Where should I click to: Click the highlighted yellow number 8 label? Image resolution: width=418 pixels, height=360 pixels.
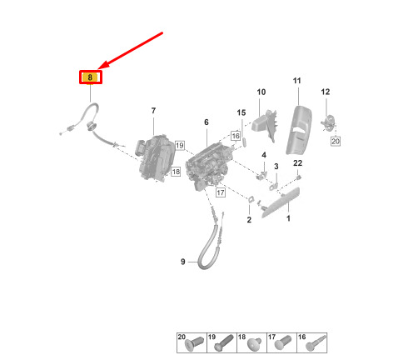[x=91, y=77]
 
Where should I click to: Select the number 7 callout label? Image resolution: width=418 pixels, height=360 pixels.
[x=153, y=111]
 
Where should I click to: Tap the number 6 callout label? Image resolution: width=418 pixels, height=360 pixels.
[x=207, y=122]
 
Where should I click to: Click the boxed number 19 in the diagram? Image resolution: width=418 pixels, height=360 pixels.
[x=180, y=145]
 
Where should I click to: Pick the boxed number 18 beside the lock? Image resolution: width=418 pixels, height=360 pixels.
[x=176, y=172]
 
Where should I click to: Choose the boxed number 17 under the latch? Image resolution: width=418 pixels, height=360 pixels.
[x=221, y=192]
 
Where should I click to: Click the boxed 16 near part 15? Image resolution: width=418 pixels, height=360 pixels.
[x=236, y=136]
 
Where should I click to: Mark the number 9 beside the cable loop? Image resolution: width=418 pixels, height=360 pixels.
[x=183, y=262]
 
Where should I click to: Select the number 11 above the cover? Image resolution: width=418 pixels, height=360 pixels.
[x=297, y=81]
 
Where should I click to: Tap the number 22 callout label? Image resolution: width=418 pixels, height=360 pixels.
[x=297, y=163]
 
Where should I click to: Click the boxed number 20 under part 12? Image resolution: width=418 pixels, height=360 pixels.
[x=336, y=142]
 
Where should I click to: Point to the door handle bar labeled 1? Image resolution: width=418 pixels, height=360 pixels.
[x=281, y=202]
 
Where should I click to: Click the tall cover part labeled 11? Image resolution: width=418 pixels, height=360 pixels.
[x=299, y=130]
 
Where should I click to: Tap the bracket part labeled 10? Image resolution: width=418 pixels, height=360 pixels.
[x=264, y=124]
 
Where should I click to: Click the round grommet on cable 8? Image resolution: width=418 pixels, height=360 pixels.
[x=91, y=126]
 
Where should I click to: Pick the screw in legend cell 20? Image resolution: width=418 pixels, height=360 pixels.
[x=194, y=344]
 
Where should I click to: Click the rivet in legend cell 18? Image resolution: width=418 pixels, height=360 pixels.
[x=254, y=344]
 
